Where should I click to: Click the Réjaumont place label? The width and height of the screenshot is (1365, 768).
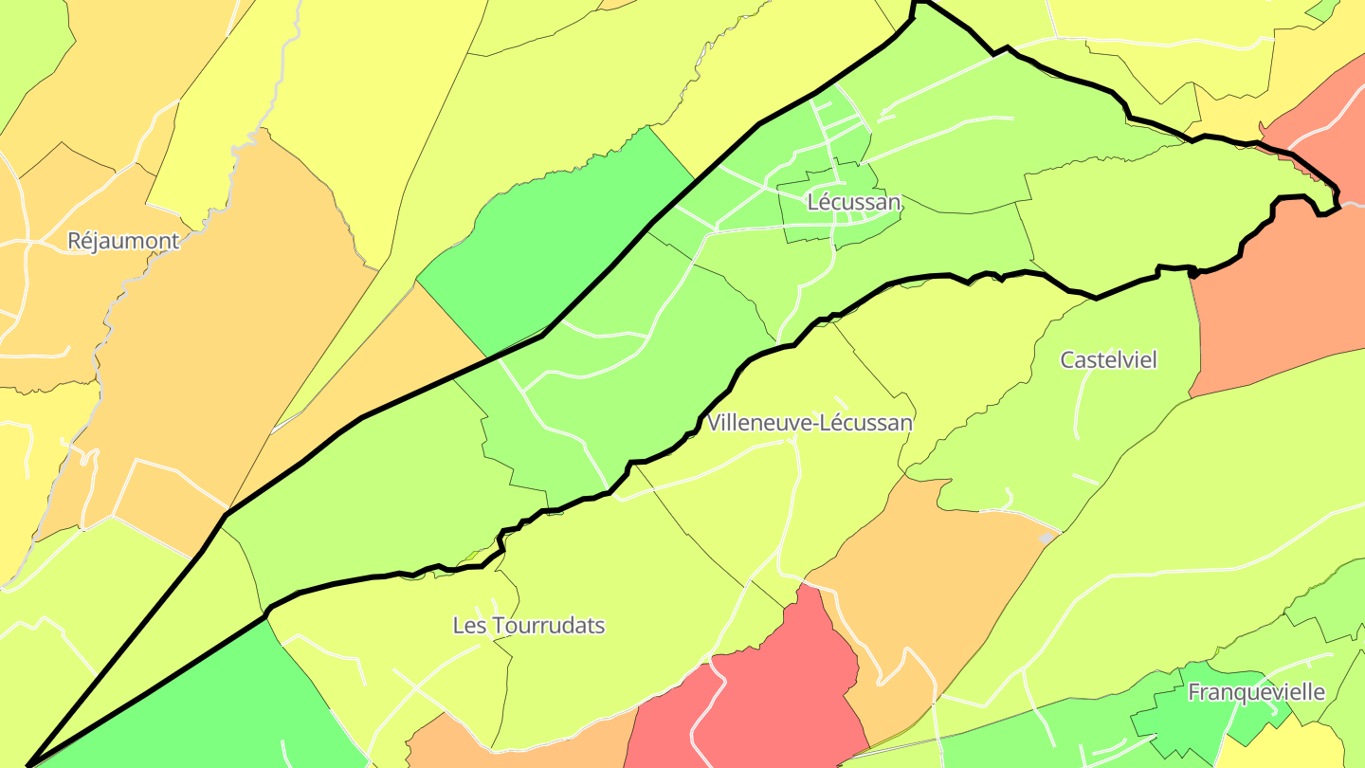123,241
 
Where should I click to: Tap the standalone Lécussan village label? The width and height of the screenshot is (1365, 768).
853,202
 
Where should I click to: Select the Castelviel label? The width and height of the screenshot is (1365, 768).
1109,360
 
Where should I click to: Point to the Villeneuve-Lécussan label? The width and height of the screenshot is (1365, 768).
810,423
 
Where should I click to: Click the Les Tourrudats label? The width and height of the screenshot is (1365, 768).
528,626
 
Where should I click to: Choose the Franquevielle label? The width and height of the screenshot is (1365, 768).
1256,692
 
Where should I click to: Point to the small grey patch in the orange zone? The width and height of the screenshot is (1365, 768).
1046,539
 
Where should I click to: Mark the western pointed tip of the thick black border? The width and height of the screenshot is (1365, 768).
31,763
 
